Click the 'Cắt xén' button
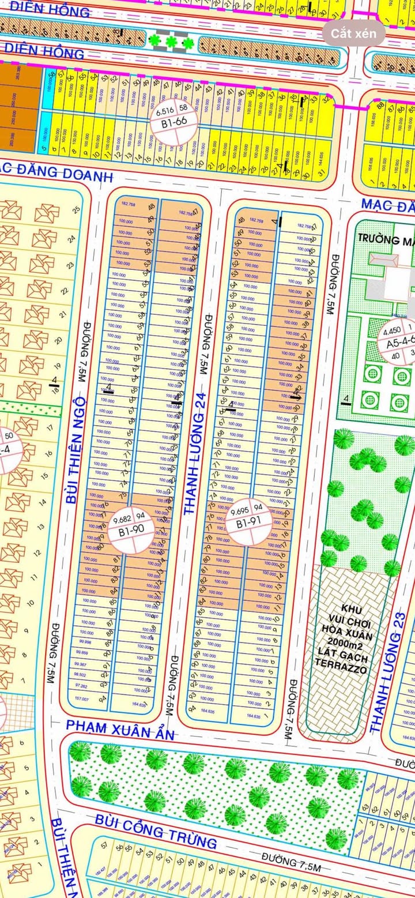pos(353,33)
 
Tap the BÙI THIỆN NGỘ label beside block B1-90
pos(76,450)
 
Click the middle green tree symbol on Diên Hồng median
pos(171,42)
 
